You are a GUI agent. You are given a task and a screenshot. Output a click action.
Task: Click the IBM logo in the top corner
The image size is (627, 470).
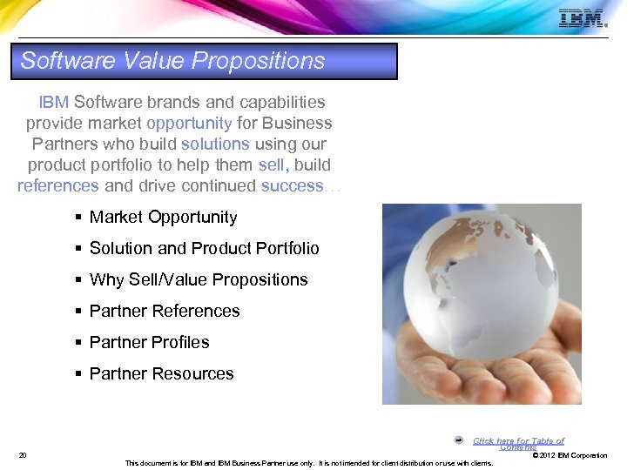coord(582,18)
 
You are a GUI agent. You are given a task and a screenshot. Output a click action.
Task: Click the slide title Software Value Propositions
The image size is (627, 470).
coord(172,61)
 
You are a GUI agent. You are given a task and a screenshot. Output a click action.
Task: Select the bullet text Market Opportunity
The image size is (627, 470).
coord(163,218)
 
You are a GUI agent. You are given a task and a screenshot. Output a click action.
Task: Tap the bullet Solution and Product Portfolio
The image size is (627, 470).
coord(204,249)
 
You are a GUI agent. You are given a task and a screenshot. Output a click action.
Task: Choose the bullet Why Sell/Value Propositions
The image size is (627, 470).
coord(199,280)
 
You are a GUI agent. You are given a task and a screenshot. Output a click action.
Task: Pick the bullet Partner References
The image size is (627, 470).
coord(165,312)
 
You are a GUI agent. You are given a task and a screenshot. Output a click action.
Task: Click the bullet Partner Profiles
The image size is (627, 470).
coord(149,343)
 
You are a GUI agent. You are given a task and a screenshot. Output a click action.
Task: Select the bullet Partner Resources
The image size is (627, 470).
coord(161,374)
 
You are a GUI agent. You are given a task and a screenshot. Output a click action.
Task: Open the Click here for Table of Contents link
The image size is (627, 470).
coord(518,443)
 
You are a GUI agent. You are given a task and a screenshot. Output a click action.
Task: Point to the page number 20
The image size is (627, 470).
coord(22,455)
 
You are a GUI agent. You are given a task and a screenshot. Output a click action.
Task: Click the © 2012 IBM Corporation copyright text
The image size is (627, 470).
coord(570,456)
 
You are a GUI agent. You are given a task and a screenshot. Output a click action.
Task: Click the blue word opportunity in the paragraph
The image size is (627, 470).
coord(189,124)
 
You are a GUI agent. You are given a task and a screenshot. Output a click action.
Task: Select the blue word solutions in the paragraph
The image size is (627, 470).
coord(215,144)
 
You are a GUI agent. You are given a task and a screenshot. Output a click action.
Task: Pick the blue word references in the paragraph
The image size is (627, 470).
coord(57,185)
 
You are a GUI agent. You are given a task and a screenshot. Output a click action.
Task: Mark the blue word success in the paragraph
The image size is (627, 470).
coord(291,185)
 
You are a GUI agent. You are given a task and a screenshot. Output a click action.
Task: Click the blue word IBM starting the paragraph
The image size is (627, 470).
coord(53,103)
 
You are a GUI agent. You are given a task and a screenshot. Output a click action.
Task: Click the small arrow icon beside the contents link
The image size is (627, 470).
coord(459,440)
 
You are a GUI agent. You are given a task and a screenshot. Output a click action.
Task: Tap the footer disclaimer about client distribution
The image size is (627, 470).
coord(309,463)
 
